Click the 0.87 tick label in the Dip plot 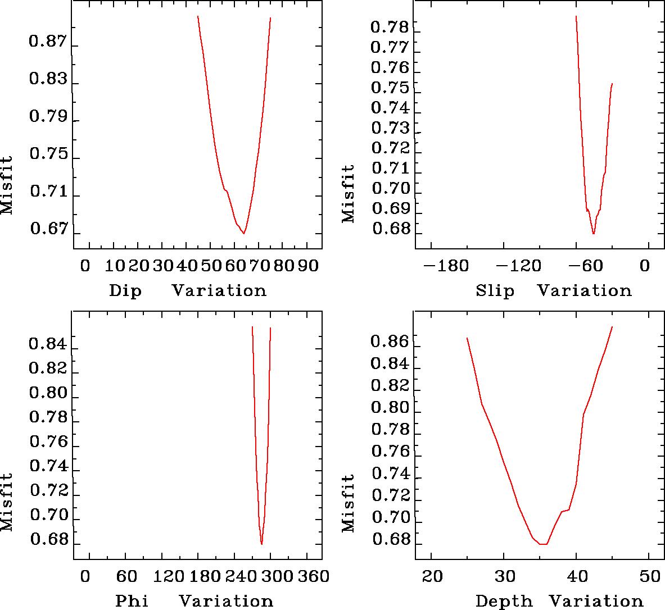[48, 43]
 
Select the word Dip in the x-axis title [125, 291]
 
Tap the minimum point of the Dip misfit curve [244, 233]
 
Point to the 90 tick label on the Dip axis [307, 265]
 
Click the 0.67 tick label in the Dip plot [48, 229]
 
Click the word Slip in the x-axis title [495, 291]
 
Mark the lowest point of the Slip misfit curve [594, 234]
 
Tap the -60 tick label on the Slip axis [588, 265]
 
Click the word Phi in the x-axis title [132, 601]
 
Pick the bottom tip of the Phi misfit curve [261, 544]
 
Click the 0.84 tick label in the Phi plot [48, 344]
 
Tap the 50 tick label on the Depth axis [649, 576]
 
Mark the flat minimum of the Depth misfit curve [543, 544]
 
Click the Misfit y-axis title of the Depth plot [349, 503]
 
